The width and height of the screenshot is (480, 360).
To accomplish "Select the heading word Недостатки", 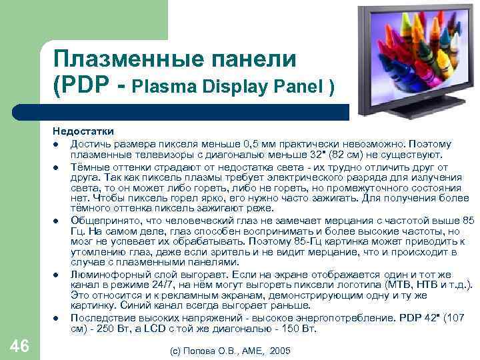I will coord(84,131).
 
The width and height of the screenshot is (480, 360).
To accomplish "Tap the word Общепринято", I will coord(100,221).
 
